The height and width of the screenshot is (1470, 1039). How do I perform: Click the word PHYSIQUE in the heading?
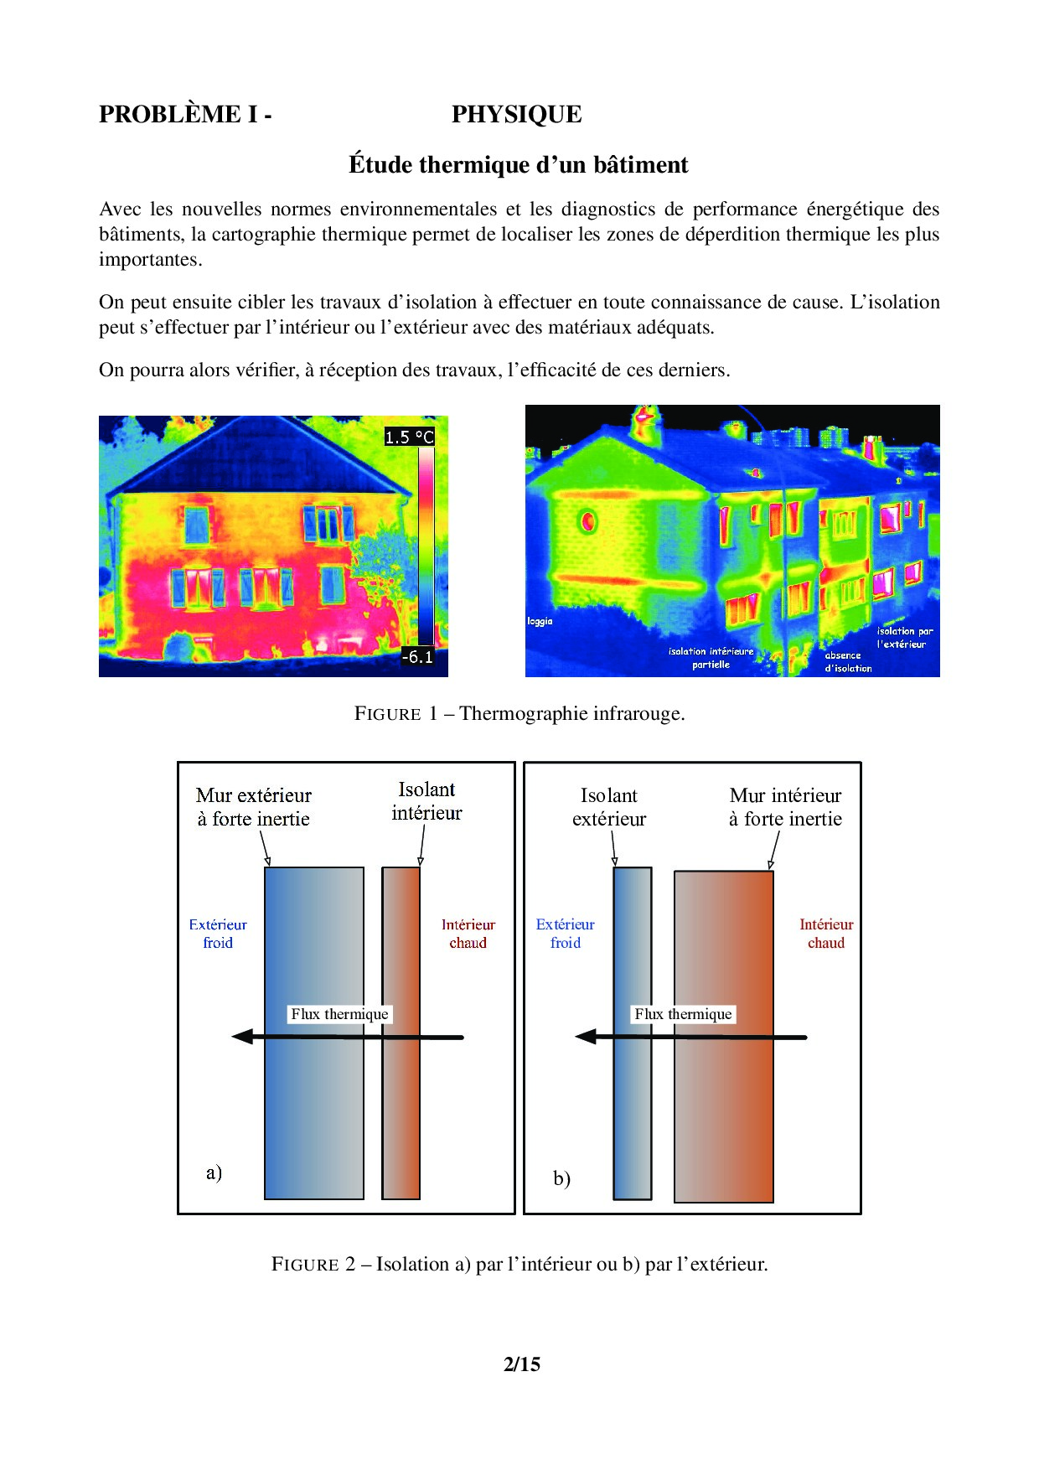tap(516, 115)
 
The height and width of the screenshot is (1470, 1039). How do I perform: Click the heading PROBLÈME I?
tap(185, 115)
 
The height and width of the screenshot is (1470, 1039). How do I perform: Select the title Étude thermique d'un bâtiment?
tap(518, 165)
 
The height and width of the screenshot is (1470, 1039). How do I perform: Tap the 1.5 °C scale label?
tap(410, 437)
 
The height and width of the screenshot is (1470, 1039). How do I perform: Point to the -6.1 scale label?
tap(417, 657)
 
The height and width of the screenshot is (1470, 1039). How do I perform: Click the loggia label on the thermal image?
tap(540, 621)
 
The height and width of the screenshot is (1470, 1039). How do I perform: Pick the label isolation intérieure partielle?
tap(711, 658)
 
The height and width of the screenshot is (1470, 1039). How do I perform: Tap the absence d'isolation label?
tap(847, 662)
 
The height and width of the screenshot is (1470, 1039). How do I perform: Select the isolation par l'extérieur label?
tap(904, 638)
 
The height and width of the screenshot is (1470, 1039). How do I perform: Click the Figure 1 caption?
tap(519, 714)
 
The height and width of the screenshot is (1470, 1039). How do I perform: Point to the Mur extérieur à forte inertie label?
tap(254, 807)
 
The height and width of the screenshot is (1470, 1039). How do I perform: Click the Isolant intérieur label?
tap(426, 801)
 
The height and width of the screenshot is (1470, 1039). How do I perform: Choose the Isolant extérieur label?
tap(609, 807)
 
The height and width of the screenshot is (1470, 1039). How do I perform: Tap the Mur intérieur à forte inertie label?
tap(785, 807)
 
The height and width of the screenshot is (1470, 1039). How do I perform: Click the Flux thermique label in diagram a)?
tap(339, 1014)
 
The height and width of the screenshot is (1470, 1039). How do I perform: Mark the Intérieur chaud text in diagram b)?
tap(826, 934)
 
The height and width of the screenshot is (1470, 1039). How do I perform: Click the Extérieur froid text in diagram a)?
tap(218, 934)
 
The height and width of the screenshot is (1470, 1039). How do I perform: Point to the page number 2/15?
tap(521, 1364)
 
